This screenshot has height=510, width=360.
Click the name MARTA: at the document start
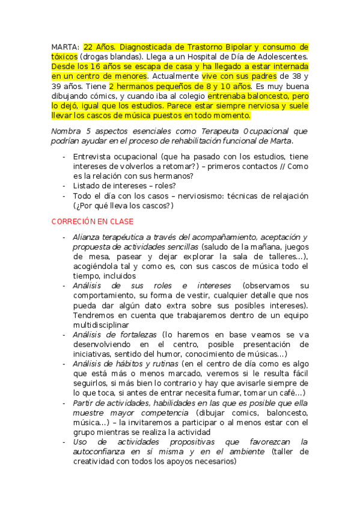(x=65, y=46)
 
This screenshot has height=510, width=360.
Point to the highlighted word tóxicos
(x=64, y=57)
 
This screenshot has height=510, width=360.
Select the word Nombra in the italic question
(x=66, y=131)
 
